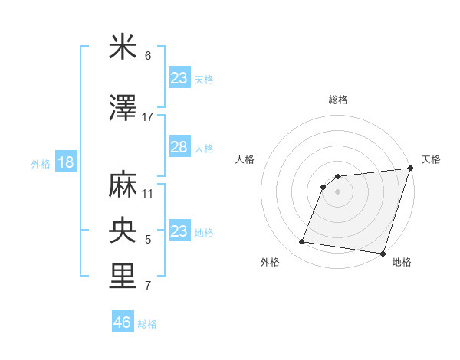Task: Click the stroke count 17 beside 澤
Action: [x=148, y=117]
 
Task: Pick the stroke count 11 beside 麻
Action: [x=148, y=193]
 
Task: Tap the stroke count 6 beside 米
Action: [x=148, y=57]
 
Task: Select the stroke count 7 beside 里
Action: [x=148, y=286]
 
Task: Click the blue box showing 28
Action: [x=179, y=147]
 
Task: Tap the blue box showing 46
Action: [x=122, y=323]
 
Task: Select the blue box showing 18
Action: [x=65, y=162]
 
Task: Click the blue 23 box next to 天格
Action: [x=179, y=78]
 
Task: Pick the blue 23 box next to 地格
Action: [x=179, y=231]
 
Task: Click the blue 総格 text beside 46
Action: [x=147, y=324]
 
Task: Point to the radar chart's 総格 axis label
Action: [x=338, y=100]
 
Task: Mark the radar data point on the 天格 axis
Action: [x=409, y=169]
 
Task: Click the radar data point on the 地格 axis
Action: [x=383, y=254]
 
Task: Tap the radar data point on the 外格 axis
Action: [x=302, y=242]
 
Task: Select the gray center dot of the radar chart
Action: [x=337, y=192]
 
